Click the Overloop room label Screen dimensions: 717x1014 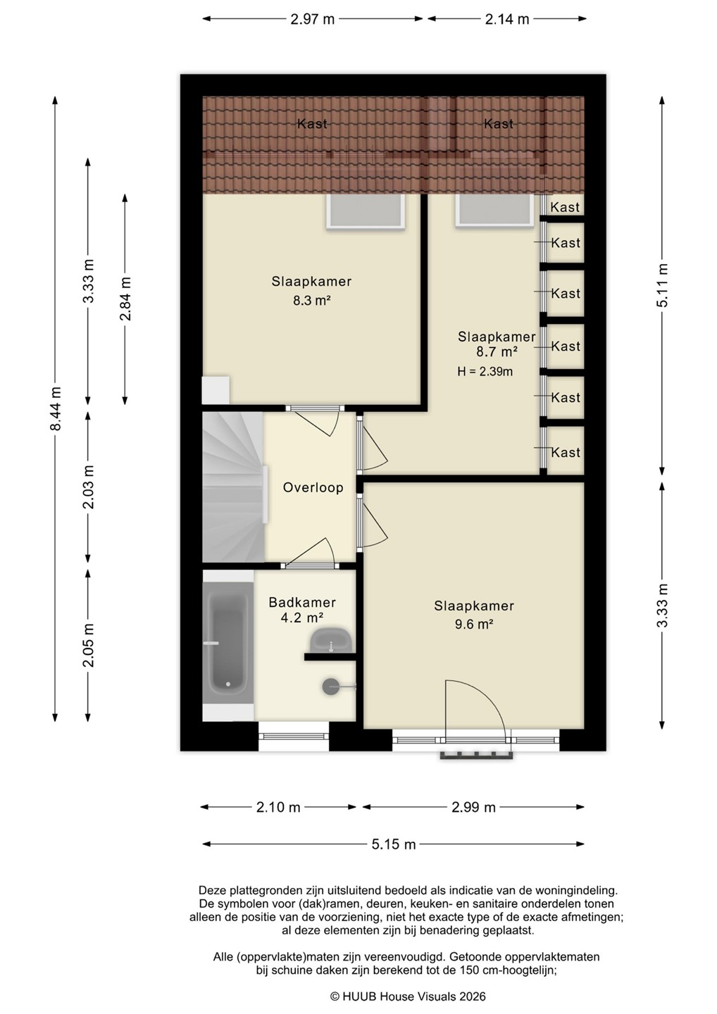tap(313, 487)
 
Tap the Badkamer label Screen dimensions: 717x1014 tap(302, 603)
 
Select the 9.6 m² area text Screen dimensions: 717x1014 tap(473, 624)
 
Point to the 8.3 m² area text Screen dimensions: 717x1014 tap(311, 300)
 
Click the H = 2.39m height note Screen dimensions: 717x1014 tap(485, 372)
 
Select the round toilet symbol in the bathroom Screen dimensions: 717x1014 tap(331, 687)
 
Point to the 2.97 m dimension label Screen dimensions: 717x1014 tap(312, 19)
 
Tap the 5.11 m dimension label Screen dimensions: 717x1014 tap(663, 285)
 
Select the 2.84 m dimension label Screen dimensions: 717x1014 tap(125, 299)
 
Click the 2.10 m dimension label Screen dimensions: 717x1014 tap(278, 807)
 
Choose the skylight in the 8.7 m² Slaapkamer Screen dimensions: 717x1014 tap(494, 210)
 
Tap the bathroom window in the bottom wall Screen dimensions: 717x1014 tap(294, 736)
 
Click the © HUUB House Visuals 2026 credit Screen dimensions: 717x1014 tap(408, 996)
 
